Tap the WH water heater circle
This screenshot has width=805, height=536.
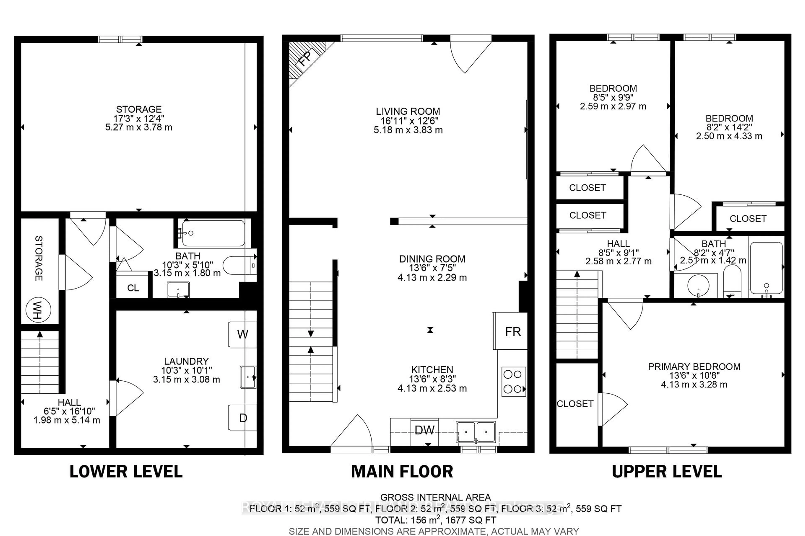point(38,310)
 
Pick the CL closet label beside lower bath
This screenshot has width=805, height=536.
point(133,288)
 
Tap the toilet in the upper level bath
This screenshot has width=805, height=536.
point(732,281)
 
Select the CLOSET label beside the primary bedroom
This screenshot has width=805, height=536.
point(575,404)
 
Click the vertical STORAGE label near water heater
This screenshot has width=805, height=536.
point(39,258)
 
